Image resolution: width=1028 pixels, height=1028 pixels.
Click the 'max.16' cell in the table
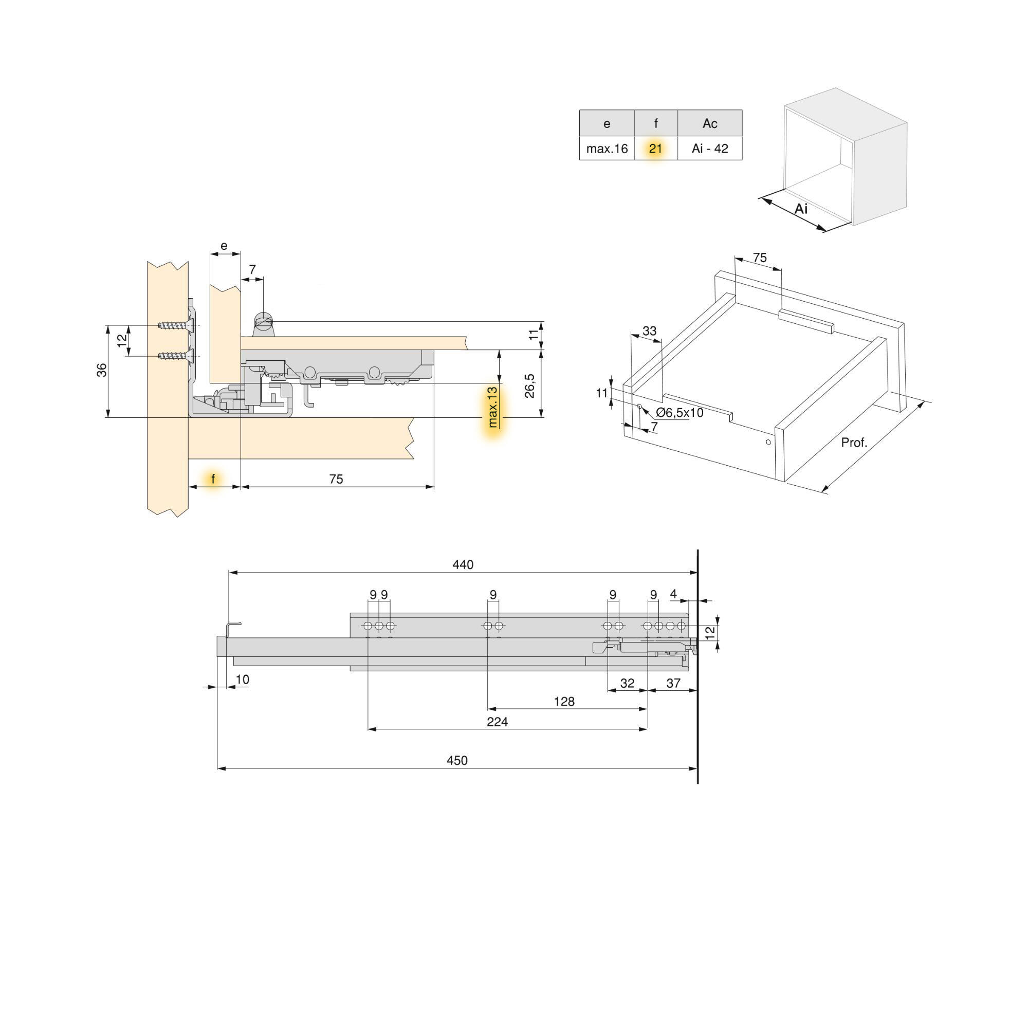click(x=607, y=149)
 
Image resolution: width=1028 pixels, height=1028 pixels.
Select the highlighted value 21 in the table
click(x=655, y=149)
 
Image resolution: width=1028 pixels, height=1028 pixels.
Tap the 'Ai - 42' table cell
click(x=709, y=149)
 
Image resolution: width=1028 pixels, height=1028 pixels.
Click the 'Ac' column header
click(x=709, y=123)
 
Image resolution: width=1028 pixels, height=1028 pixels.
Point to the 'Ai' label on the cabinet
click(x=801, y=209)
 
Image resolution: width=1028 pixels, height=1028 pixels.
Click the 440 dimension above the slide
click(x=463, y=564)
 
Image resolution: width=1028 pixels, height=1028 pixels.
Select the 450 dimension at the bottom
click(x=456, y=760)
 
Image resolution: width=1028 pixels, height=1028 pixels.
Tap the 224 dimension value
click(x=497, y=722)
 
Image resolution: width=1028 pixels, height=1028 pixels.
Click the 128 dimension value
click(x=563, y=701)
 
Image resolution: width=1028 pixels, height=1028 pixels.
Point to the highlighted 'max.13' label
click(x=493, y=407)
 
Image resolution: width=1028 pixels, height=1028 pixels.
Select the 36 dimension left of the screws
click(x=102, y=369)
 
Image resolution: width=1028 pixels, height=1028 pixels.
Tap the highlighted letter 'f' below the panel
click(x=213, y=479)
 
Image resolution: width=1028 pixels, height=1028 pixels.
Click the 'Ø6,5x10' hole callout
click(x=679, y=412)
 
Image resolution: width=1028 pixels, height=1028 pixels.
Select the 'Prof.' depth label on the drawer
click(x=853, y=442)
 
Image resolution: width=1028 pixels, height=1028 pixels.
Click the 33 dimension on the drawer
click(x=649, y=331)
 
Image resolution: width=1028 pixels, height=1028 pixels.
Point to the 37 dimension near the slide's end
click(x=673, y=683)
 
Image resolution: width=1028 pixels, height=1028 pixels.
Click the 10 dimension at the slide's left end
click(x=242, y=680)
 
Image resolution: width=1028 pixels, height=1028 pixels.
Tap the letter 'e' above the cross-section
click(x=224, y=246)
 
